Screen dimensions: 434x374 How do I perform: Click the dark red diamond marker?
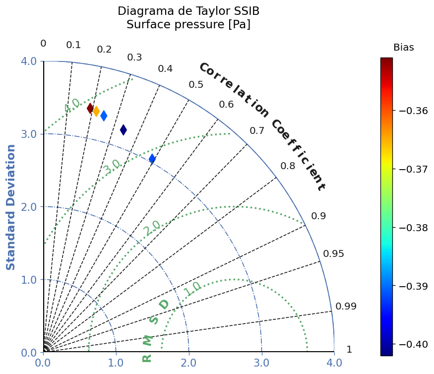tap(90, 108)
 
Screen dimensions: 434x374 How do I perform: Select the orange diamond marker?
tap(96, 111)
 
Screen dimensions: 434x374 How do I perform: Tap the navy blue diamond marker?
tap(124, 129)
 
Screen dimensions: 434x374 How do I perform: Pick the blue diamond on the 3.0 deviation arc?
tap(152, 159)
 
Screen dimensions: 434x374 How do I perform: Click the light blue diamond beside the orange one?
tap(104, 116)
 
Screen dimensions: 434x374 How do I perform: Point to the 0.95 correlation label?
tap(333, 253)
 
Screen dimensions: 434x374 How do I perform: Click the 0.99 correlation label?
tap(346, 306)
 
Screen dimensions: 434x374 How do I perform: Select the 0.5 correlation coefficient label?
tap(196, 85)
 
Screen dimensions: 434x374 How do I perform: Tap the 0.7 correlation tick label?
tap(257, 130)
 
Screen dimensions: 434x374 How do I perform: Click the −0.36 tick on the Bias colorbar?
tap(414, 111)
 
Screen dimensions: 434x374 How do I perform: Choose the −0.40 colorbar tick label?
tap(414, 344)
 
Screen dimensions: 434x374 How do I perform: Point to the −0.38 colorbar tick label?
tap(414, 228)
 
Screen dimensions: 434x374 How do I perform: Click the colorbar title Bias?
tap(404, 47)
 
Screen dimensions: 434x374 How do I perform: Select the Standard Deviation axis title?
tap(10, 207)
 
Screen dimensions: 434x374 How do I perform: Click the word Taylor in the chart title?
tap(212, 11)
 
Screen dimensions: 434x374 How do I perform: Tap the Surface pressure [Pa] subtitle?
tap(188, 25)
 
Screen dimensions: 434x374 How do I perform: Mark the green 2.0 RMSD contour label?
tap(152, 228)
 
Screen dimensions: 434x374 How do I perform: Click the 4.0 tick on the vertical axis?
tap(29, 61)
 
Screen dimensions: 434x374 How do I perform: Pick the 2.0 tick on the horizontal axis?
tap(189, 363)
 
